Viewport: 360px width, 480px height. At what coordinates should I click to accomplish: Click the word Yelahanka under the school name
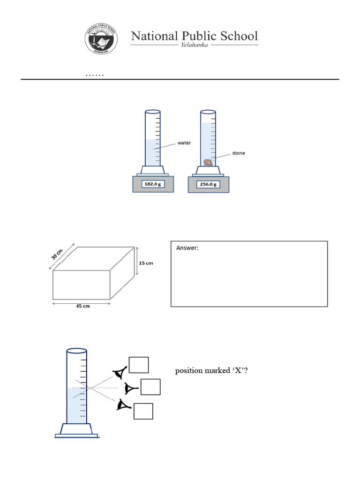coord(195,45)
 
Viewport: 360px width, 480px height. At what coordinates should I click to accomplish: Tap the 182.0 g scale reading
coord(153,184)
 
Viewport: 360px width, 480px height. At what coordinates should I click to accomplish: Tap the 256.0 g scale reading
coord(209,184)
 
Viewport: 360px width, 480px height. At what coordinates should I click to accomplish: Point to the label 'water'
coord(184,143)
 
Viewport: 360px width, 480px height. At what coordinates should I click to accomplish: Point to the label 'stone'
coord(239,153)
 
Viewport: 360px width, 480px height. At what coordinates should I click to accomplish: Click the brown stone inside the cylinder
coord(208,162)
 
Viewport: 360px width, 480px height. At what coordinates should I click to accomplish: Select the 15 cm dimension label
coord(146,263)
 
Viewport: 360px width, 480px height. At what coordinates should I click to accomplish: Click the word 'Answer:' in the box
coord(187,248)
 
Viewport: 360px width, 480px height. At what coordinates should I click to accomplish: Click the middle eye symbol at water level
coord(131,388)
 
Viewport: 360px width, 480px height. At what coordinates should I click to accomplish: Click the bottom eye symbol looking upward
coord(124,405)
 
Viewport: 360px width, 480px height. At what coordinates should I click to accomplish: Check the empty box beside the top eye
coord(139,365)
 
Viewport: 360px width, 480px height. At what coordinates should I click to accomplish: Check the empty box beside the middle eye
coord(150,387)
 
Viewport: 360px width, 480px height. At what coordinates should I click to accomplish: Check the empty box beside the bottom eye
coord(143,411)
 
